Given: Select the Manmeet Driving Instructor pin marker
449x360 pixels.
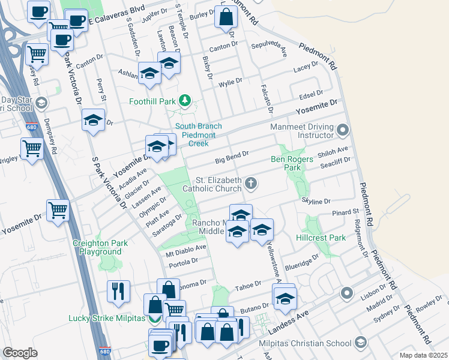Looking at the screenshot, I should (343, 130).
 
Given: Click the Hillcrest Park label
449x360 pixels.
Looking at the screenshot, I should (321, 238).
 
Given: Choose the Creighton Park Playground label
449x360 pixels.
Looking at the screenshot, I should (101, 248).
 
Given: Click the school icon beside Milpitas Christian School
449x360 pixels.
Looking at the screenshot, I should (360, 343).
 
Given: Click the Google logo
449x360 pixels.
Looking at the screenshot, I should (20, 352).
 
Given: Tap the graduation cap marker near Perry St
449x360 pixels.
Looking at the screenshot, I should (93, 120).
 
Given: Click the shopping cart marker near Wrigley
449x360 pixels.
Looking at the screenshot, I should (32, 148).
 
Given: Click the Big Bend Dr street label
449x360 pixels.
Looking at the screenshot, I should (232, 158).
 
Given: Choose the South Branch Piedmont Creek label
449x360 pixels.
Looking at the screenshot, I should (199, 135).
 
